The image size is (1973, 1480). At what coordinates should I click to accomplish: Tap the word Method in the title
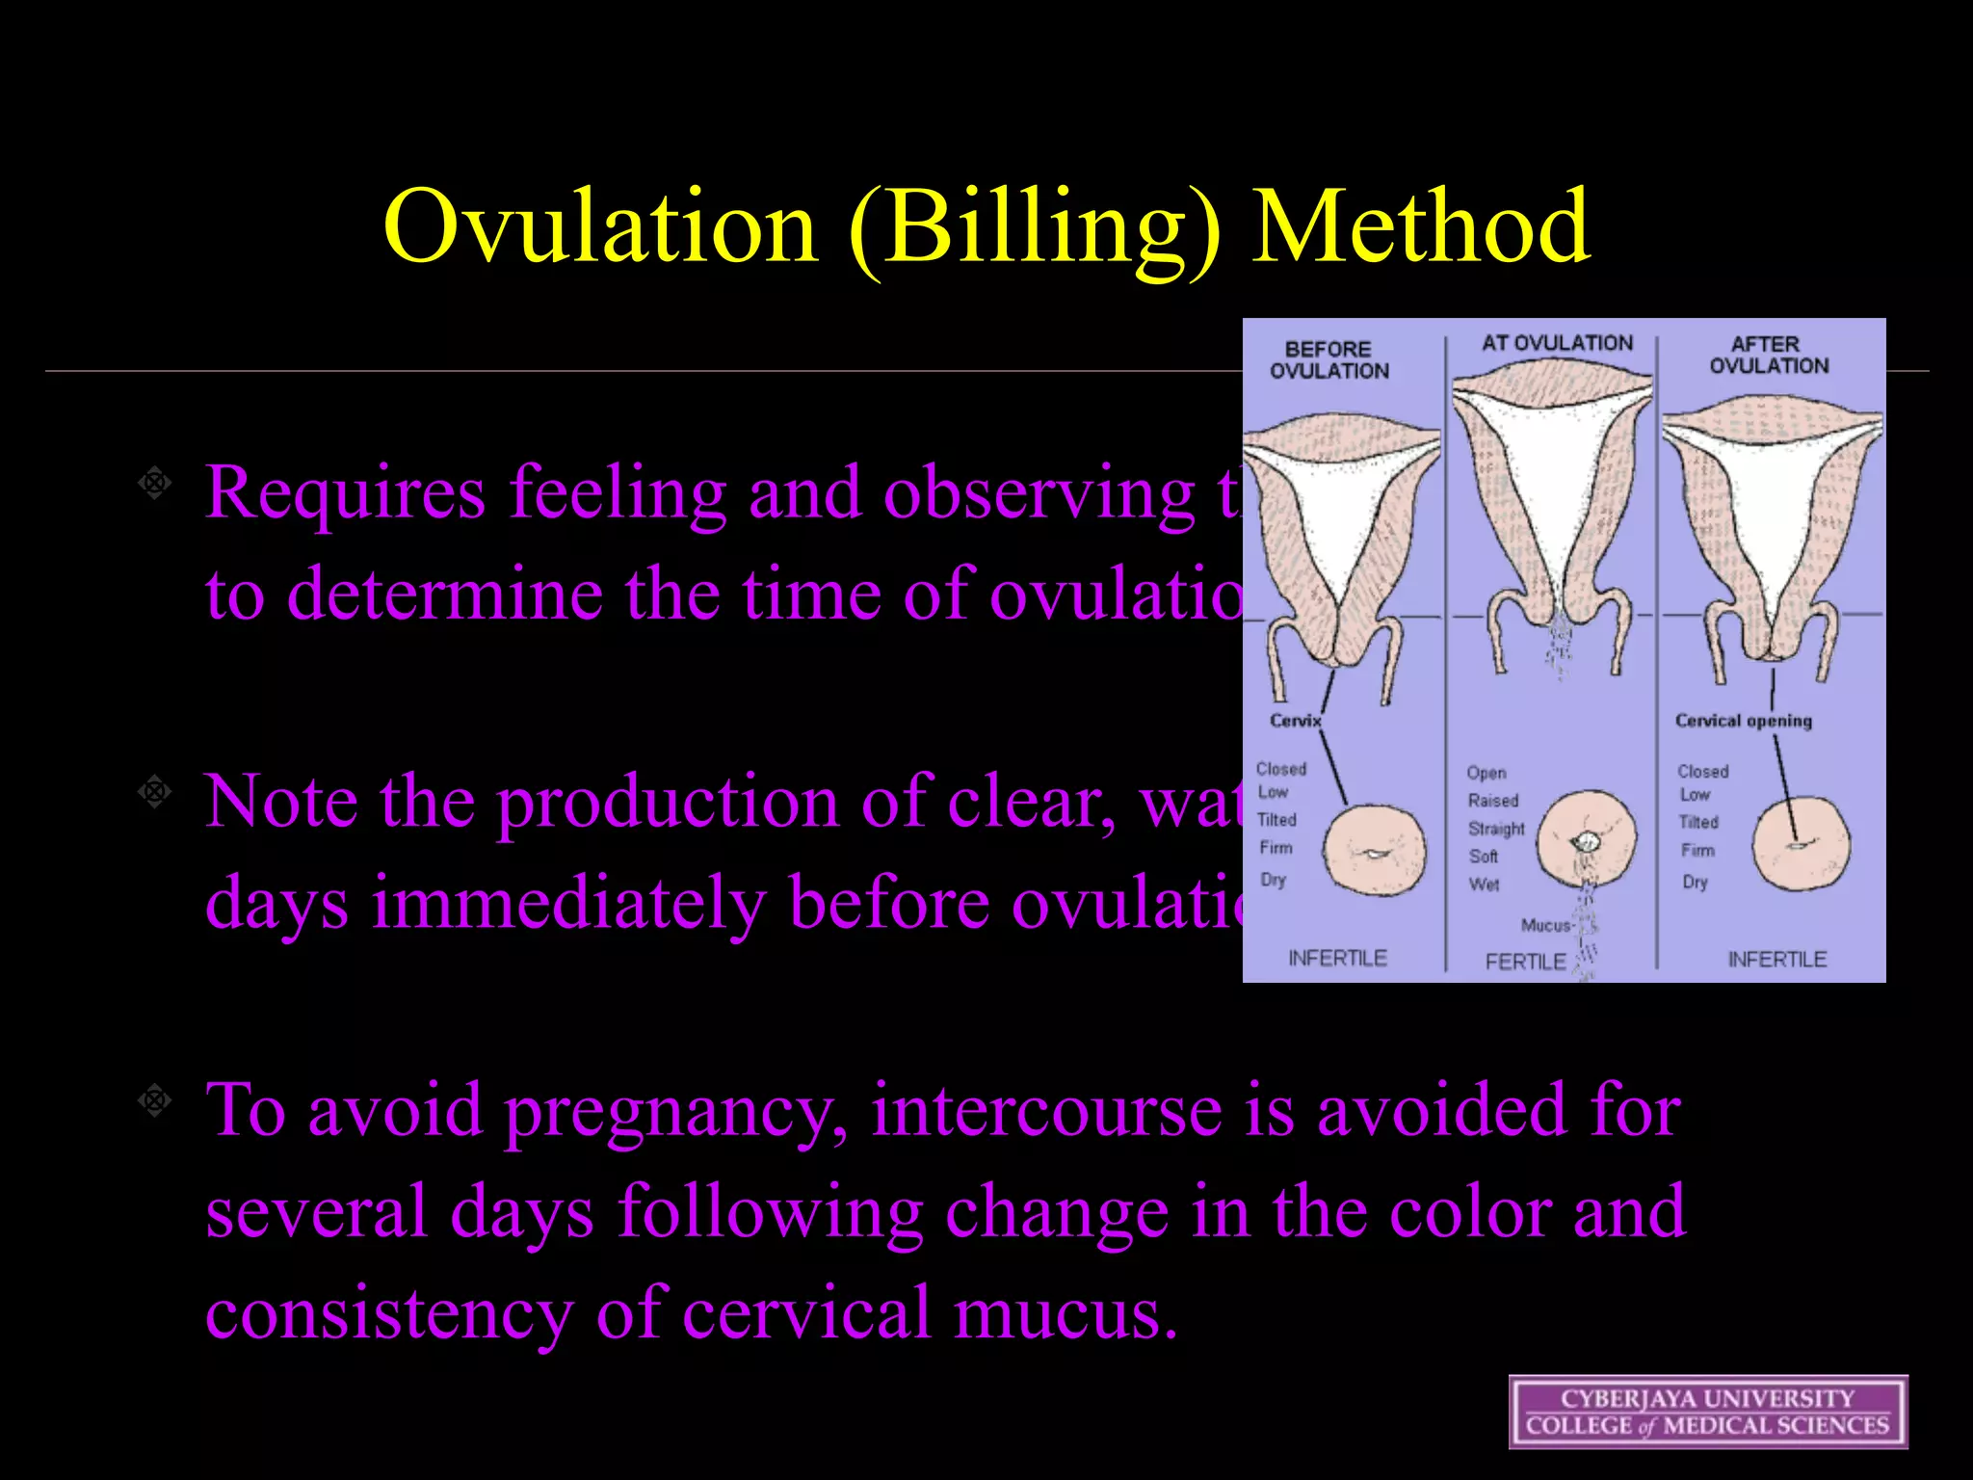(1420, 226)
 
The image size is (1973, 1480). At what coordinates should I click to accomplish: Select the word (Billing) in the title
(1035, 231)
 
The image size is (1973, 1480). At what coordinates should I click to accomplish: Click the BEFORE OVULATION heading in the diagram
(1328, 360)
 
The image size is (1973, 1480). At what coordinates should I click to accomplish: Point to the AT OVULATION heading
(1557, 343)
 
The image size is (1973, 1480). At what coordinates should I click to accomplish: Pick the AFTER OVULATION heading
(1769, 355)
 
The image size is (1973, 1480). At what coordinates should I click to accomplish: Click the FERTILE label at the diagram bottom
(1525, 962)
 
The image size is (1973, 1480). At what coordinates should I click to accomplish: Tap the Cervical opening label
(1743, 721)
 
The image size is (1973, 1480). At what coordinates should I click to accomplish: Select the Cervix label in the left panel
(1295, 721)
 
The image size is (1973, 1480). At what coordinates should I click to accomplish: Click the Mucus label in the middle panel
(1545, 925)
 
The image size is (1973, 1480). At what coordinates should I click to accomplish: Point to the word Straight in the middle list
(1496, 829)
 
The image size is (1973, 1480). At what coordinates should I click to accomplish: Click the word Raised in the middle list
(1492, 801)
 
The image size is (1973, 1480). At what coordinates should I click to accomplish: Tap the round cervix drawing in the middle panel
(1586, 839)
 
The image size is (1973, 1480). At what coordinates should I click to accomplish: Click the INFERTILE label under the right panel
(1776, 960)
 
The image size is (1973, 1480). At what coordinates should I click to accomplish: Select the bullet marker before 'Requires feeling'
(154, 482)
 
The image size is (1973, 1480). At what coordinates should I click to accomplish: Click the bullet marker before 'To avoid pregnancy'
(154, 1099)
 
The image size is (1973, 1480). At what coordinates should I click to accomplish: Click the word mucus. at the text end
(1065, 1313)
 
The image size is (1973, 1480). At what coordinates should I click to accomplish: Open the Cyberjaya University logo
(1707, 1412)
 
